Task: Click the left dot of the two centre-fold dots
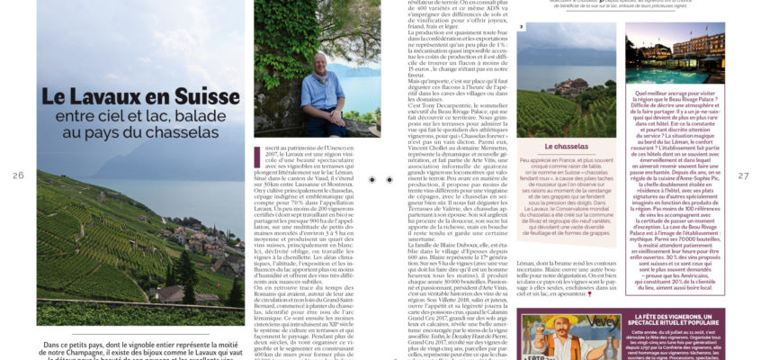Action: pos(372,180)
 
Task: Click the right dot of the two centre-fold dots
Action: pos(389,180)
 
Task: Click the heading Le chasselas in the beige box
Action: pos(566,146)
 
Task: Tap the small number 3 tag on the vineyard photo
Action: pos(522,27)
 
